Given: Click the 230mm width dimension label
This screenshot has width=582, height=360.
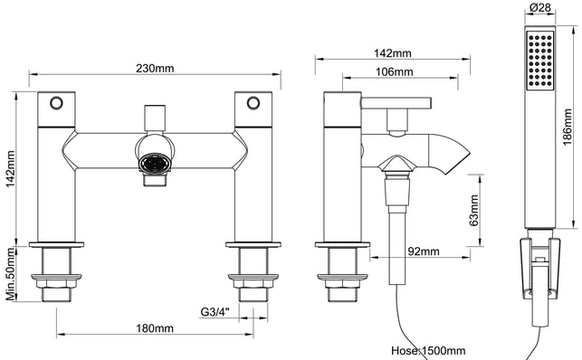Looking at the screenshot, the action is [155, 69].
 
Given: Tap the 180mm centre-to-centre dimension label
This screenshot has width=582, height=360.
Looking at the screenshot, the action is [155, 328].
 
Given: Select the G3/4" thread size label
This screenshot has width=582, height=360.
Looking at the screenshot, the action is [215, 312].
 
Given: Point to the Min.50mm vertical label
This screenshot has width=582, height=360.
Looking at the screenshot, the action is [10, 274].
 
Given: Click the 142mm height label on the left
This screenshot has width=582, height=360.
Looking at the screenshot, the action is [10, 168].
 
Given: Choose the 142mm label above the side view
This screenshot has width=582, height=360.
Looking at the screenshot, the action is [392, 53].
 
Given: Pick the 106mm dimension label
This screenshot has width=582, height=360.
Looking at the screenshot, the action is [395, 71].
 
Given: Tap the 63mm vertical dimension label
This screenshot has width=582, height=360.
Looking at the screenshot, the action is [474, 210].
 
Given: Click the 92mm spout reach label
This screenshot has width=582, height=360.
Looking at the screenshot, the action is [424, 251].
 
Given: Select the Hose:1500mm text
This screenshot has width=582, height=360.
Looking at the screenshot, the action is [428, 350].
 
